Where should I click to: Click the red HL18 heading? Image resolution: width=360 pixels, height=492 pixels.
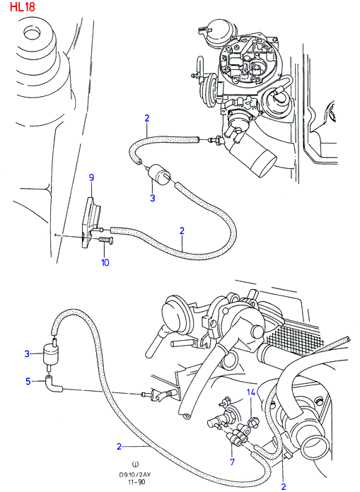23,6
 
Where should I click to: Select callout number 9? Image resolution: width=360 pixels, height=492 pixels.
91,178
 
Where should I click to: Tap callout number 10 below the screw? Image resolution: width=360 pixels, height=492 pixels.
105,262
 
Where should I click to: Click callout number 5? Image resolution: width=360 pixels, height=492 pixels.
28,381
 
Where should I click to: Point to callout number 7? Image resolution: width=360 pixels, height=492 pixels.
232,462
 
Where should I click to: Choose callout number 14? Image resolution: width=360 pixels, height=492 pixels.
251,392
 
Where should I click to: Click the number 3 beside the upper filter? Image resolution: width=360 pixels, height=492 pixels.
153,199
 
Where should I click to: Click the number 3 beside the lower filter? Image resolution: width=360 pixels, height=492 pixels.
28,354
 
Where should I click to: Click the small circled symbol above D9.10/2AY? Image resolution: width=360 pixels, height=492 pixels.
136,464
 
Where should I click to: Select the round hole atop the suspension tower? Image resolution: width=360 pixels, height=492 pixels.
33,32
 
